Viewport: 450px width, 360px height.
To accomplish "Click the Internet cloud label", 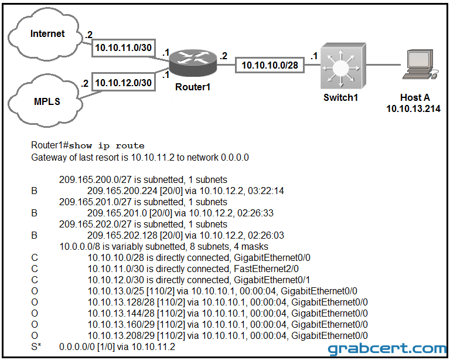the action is tap(47, 33).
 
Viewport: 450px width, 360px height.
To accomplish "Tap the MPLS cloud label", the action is tap(47, 101).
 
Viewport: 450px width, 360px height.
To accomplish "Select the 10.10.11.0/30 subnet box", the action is tap(124, 47).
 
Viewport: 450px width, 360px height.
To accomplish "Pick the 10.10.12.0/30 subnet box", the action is tap(124, 83).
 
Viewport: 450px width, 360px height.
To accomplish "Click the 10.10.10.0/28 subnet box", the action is tap(270, 65).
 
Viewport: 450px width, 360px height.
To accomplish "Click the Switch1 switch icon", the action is tap(343, 66).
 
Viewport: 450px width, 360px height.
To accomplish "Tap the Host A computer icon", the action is tap(420, 64).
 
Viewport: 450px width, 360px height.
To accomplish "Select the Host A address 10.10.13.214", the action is tap(413, 109).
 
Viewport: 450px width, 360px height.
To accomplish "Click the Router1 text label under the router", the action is tap(193, 87).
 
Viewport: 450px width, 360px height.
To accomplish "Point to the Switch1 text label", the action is tap(340, 97).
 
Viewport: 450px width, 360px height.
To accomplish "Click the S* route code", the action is tap(36, 347).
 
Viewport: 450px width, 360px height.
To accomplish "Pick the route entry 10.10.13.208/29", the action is tap(121, 335).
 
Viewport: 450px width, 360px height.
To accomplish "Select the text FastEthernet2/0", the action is tap(267, 269).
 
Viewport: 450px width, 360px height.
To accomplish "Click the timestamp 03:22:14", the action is tap(266, 191).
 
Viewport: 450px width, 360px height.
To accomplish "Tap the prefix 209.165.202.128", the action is tap(122, 235).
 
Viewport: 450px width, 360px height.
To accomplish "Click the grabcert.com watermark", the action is tap(388, 349).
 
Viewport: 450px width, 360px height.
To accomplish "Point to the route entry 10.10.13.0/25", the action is tap(116, 291).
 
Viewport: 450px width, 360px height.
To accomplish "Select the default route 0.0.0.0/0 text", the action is tap(77, 347).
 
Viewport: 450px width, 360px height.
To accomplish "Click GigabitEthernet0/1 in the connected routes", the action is tap(272, 280).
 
